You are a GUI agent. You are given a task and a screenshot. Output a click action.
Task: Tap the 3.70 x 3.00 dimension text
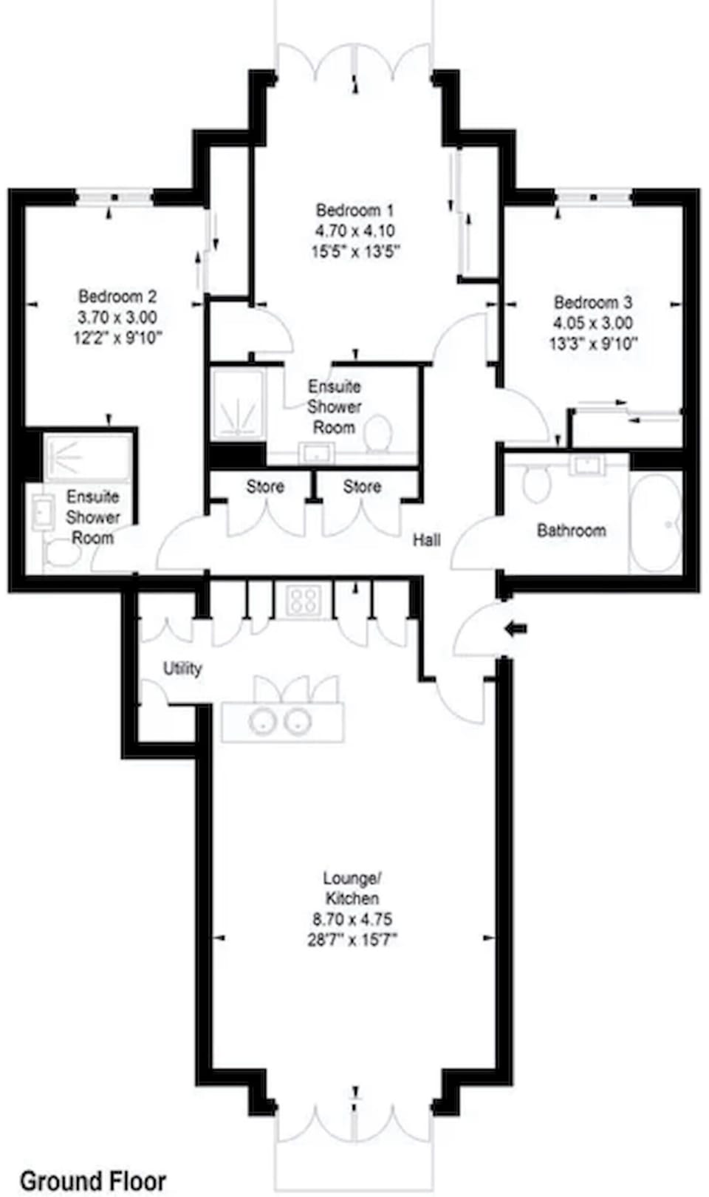[117, 317]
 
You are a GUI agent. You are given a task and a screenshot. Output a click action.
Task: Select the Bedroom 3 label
[593, 302]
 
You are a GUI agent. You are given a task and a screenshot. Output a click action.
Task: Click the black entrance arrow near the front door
[516, 629]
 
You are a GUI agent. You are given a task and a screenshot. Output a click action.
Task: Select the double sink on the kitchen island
[280, 721]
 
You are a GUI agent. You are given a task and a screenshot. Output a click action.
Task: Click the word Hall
[426, 540]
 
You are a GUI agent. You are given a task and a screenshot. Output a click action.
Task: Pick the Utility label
[182, 669]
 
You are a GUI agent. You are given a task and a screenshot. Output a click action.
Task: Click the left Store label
[265, 487]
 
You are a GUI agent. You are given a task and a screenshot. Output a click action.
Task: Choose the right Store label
[362, 487]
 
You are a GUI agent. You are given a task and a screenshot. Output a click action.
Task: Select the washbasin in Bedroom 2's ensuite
[42, 512]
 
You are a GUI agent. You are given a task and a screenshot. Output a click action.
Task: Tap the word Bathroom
[571, 531]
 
